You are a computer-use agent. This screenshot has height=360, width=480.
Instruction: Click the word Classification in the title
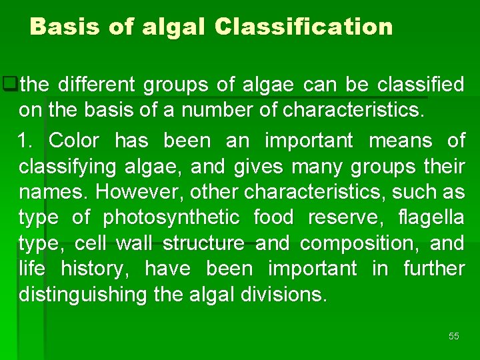304,27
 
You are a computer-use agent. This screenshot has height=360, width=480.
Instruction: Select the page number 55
454,336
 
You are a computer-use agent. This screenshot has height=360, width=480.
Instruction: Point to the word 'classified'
421,85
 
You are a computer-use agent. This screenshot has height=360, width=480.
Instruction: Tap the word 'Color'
74,141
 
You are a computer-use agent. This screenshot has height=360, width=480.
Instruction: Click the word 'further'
434,269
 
